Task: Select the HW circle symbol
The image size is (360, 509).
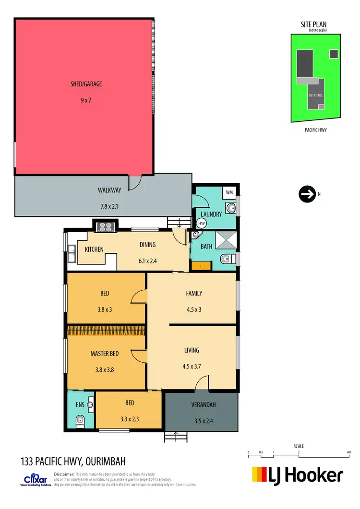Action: point(201,224)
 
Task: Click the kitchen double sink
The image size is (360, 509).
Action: point(72,254)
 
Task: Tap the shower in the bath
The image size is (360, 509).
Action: point(225,240)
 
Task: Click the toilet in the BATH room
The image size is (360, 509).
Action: point(227,260)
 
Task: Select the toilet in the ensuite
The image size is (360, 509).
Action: point(80,421)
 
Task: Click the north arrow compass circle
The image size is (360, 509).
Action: point(306,194)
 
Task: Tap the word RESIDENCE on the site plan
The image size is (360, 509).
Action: point(315,95)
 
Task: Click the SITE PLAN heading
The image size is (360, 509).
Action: point(314,25)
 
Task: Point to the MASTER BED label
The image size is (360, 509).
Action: point(105,354)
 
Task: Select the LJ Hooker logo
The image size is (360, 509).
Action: point(298,475)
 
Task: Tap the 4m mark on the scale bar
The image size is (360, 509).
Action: point(349,452)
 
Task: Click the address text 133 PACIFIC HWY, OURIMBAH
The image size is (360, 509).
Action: point(73,462)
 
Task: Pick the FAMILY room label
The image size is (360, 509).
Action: point(194,293)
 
